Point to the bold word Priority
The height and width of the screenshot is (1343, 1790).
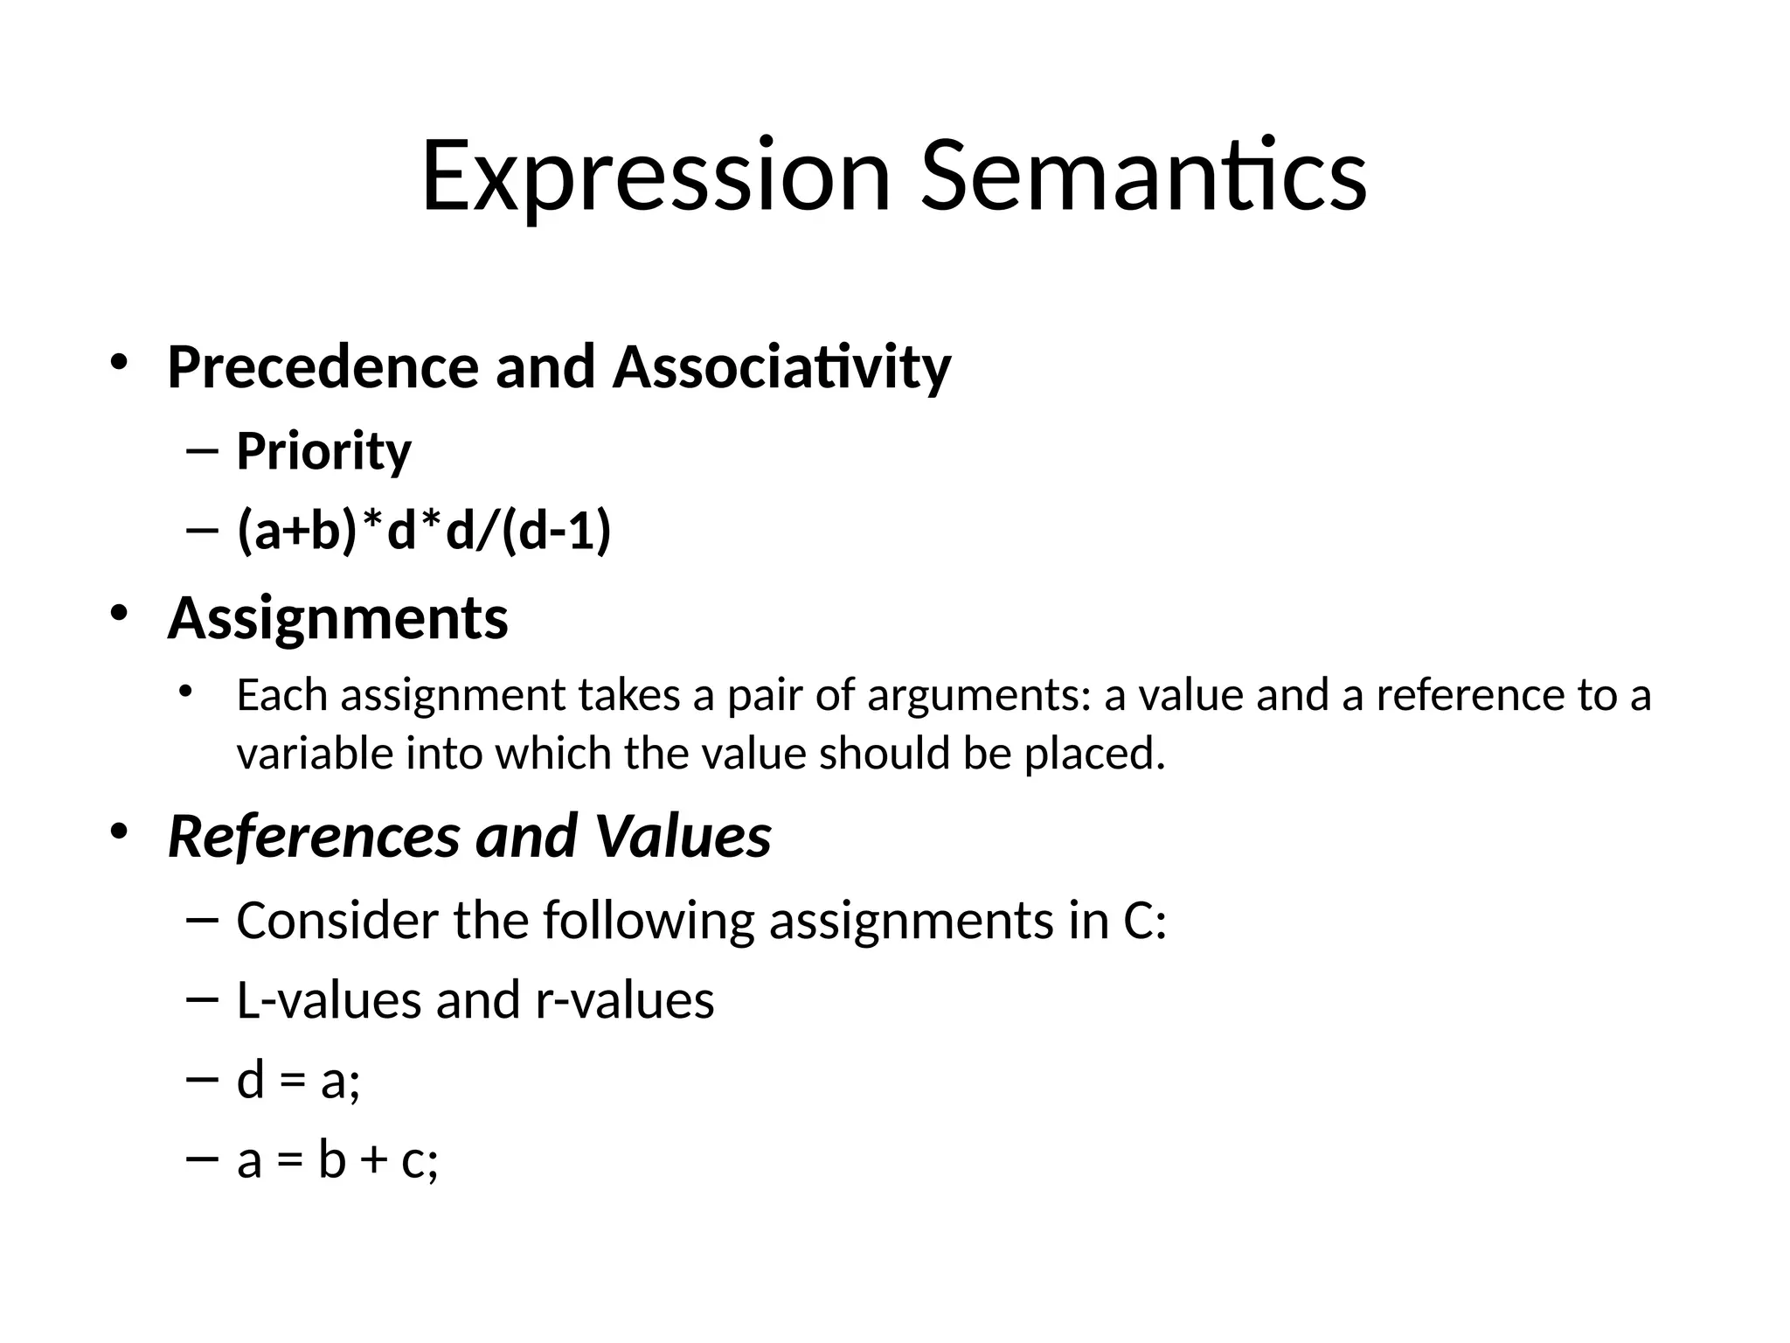point(323,451)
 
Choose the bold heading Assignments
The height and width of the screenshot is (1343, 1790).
point(337,618)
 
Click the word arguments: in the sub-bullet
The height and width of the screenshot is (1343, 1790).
point(979,696)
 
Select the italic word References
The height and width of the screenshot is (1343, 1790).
point(313,836)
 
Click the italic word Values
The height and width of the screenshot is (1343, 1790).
point(683,836)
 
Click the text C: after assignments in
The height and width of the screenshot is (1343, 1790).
point(1144,921)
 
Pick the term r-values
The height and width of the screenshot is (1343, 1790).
point(624,1000)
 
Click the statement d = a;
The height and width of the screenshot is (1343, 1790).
point(298,1081)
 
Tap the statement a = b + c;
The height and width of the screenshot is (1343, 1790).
point(337,1161)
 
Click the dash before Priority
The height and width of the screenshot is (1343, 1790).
point(201,452)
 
